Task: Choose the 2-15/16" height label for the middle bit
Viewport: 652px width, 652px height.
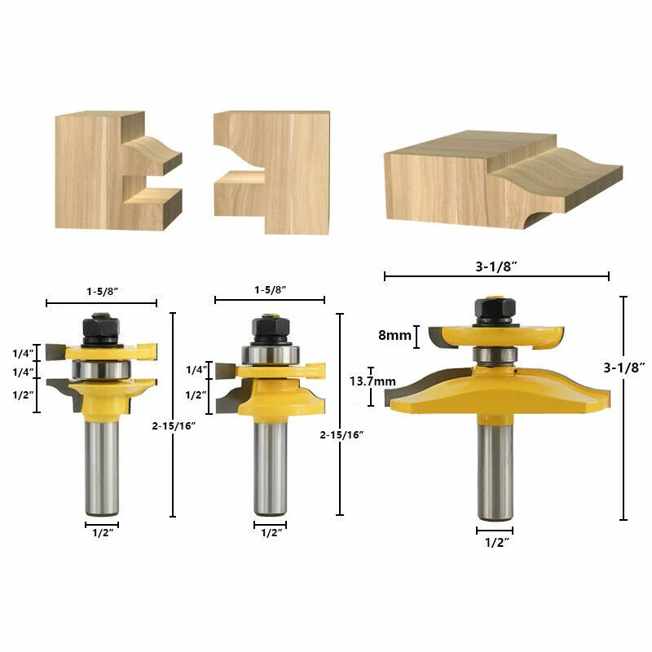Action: (x=343, y=434)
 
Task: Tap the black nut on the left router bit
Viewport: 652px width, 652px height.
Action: (x=101, y=328)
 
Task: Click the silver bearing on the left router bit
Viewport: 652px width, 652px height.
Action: (x=101, y=371)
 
